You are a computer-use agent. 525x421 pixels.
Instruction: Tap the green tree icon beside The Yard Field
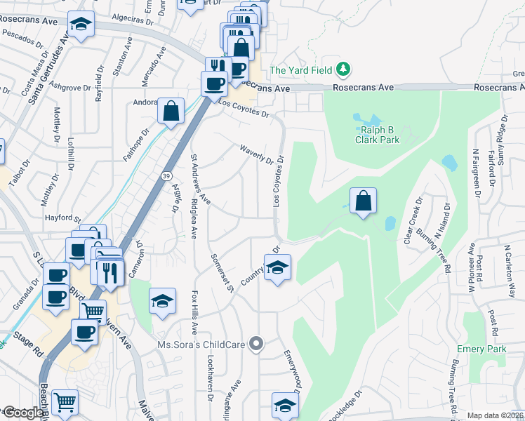[x=343, y=69]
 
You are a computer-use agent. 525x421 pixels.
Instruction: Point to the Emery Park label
[x=481, y=349]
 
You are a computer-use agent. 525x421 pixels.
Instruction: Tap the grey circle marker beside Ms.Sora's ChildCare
[x=258, y=344]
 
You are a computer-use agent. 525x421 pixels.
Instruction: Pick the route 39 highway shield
[x=166, y=173]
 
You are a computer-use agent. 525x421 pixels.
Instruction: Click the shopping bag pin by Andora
[x=171, y=111]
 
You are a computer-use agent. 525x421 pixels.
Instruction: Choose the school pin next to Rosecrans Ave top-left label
[x=81, y=25]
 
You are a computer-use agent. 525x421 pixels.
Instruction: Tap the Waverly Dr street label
[x=255, y=154]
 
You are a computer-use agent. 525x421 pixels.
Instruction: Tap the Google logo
[x=23, y=413]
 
